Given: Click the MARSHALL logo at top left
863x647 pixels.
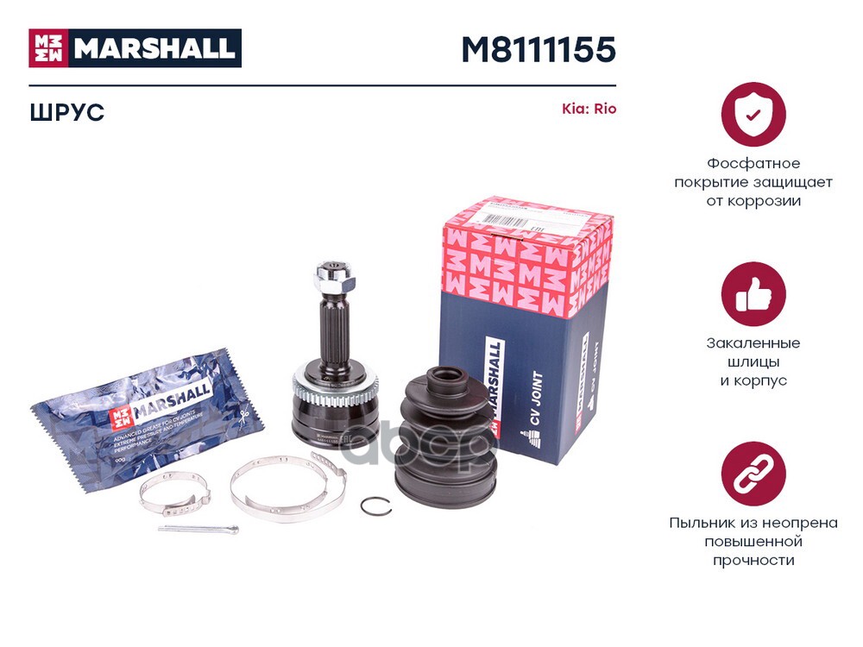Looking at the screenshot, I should (x=135, y=48).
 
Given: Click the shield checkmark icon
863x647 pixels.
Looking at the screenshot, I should (x=753, y=114).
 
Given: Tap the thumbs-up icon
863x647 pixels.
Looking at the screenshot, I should (x=753, y=293).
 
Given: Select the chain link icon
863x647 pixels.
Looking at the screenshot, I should (x=753, y=474).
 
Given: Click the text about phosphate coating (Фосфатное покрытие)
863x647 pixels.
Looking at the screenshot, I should (x=753, y=182).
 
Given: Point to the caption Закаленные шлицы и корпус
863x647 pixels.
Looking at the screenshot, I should (x=753, y=361).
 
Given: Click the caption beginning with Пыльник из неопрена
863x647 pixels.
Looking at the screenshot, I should (x=753, y=541).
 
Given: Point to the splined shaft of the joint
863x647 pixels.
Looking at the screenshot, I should (x=332, y=332).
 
